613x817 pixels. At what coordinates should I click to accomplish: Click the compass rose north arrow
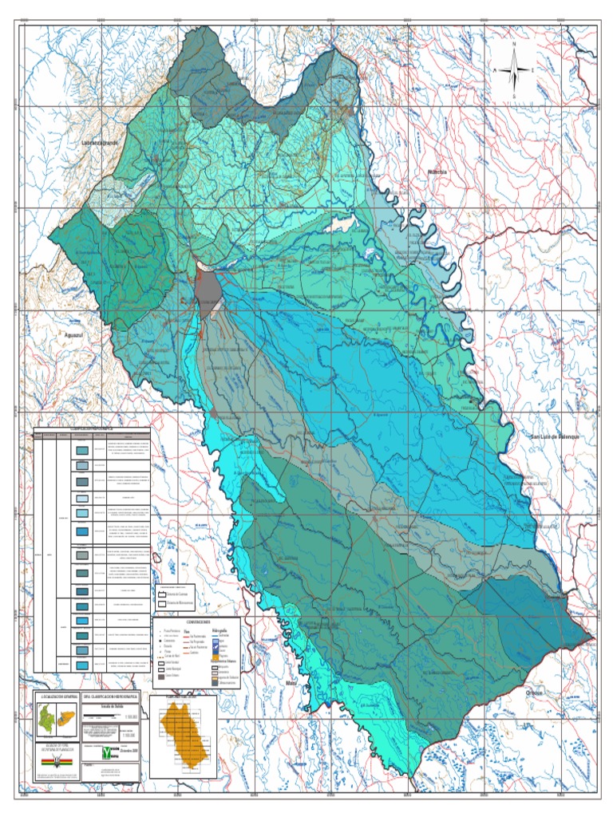click(514, 69)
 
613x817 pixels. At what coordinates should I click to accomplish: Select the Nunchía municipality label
click(437, 172)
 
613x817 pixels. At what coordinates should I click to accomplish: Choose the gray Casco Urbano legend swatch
click(161, 677)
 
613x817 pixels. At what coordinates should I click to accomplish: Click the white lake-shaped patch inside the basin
click(343, 226)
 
